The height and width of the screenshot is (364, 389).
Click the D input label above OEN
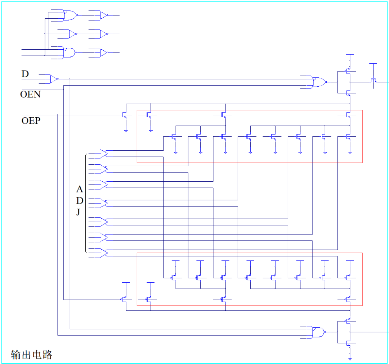point(25,74)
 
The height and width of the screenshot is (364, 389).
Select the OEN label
point(30,95)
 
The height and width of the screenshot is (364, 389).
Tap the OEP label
point(31,120)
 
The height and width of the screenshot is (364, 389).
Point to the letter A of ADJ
point(80,189)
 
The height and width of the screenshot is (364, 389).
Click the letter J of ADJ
point(78,212)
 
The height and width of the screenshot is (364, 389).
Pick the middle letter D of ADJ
point(80,201)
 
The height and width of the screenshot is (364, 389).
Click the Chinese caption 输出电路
point(32,355)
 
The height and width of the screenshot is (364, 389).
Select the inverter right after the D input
point(54,79)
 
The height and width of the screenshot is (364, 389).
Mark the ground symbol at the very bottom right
point(349,359)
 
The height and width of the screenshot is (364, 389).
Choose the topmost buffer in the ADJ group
point(103,153)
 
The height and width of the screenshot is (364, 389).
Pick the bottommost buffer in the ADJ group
point(103,253)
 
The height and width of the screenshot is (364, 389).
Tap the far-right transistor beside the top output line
point(374,80)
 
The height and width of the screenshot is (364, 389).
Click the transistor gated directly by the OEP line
point(124,115)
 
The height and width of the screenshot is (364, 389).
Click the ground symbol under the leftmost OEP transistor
point(126,130)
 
